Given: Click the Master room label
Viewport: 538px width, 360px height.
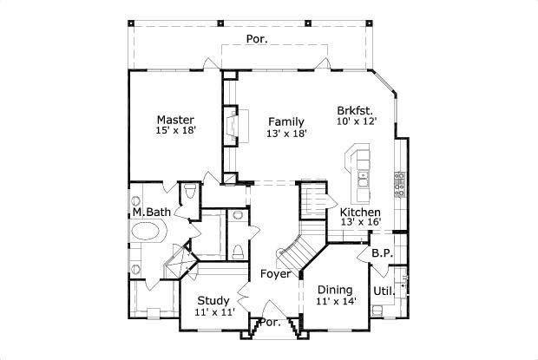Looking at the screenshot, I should (x=174, y=119).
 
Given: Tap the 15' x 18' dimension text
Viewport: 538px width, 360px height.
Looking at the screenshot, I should (x=174, y=131).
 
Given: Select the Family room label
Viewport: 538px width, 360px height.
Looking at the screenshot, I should (x=285, y=121).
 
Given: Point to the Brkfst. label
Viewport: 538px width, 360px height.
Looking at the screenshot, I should (x=357, y=110).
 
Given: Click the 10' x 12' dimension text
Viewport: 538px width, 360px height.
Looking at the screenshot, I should (x=357, y=122).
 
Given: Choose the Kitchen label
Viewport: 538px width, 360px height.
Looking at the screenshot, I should (x=360, y=212).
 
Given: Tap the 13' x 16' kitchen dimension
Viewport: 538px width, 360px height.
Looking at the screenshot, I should (x=360, y=223).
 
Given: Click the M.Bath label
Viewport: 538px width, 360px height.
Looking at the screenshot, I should (x=149, y=212).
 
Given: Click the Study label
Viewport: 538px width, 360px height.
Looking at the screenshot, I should (x=213, y=301).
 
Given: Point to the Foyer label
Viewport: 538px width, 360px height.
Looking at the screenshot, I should (x=276, y=274).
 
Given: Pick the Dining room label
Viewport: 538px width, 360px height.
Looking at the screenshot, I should (x=334, y=290).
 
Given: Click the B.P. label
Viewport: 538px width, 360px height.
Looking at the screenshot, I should (x=382, y=253).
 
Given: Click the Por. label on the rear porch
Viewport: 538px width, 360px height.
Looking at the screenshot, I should (x=256, y=39).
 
